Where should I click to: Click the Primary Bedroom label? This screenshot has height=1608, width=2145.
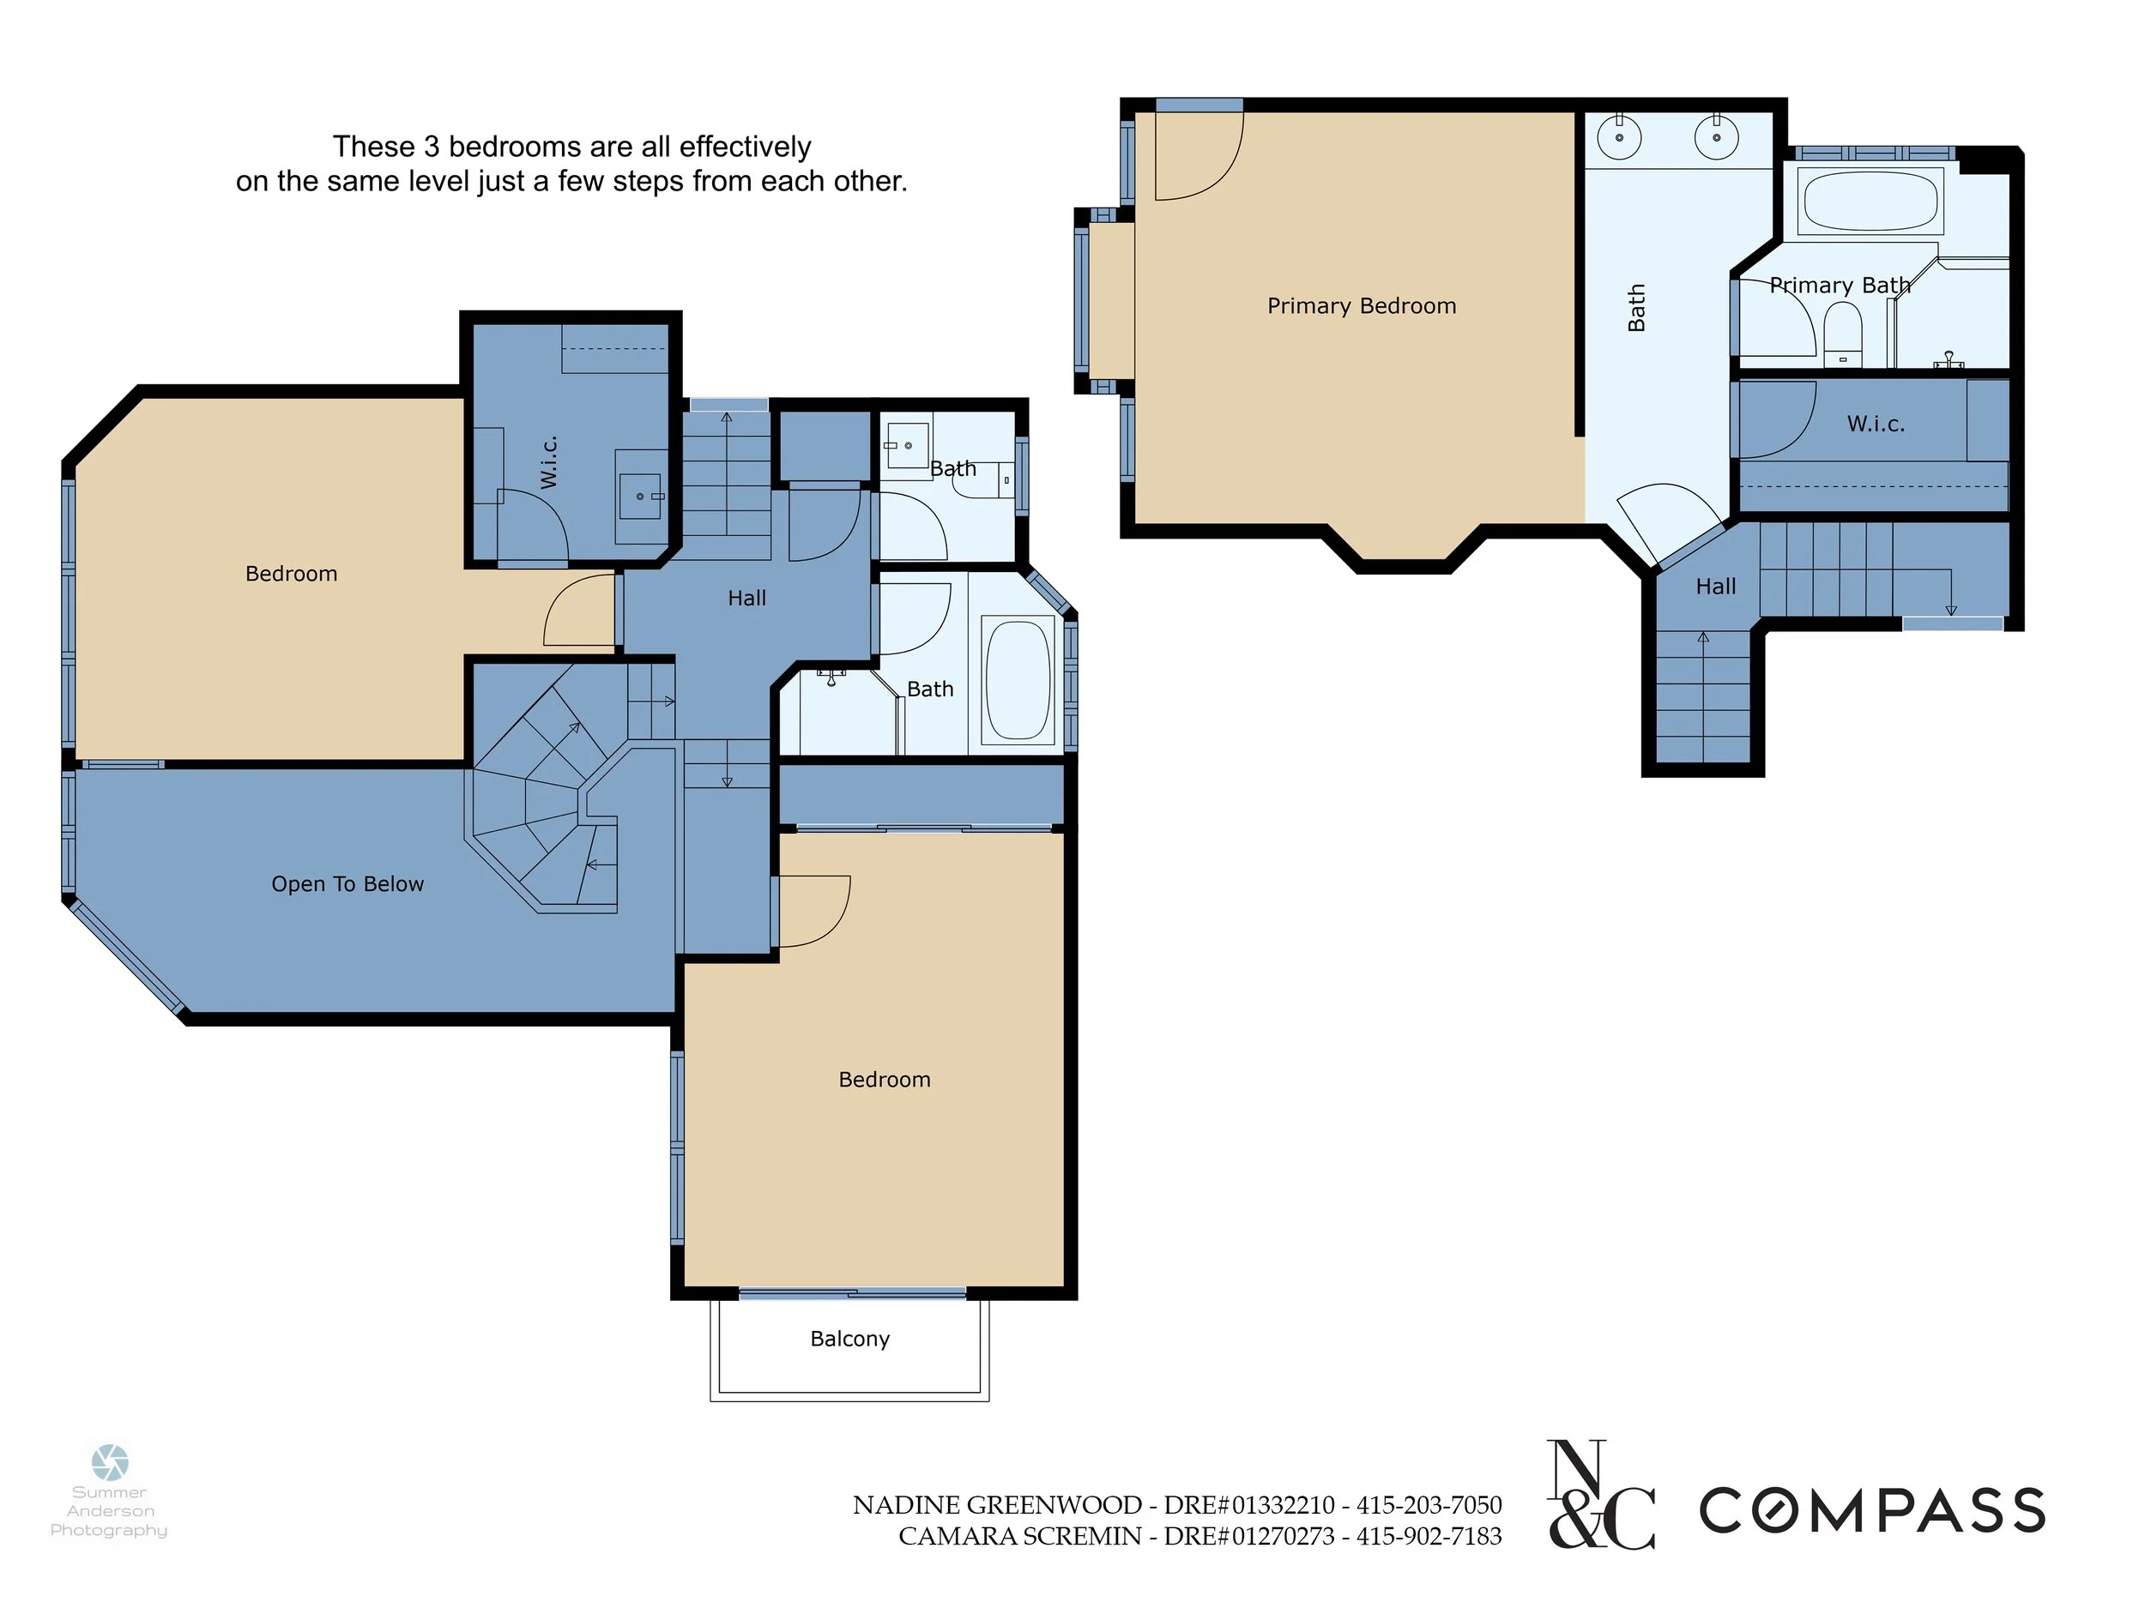pos(1362,306)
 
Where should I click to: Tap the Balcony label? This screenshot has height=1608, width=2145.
pos(849,1339)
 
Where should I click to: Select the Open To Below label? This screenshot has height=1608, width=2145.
pos(347,884)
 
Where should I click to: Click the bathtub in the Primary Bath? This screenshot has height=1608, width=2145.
pos(1870,201)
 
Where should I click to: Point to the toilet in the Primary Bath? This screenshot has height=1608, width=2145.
pos(1842,334)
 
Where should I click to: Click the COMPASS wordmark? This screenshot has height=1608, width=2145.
pos(1872,1511)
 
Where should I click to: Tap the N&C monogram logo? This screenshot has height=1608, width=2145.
pos(1601,1495)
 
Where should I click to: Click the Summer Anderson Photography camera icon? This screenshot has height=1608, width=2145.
pos(110,1462)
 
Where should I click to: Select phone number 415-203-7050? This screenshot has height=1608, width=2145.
pos(1429,1505)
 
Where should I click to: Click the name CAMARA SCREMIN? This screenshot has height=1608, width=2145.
pos(1019,1536)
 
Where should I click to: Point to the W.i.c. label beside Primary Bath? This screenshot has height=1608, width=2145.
pos(1876,424)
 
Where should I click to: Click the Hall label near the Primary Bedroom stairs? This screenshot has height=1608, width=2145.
pos(1715,587)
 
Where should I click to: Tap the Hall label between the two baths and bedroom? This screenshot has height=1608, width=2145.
pos(746,598)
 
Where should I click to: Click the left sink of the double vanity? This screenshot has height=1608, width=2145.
pos(1618,136)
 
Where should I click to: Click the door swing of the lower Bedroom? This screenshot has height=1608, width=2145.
pos(814,911)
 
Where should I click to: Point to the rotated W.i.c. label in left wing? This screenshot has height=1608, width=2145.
pos(549,461)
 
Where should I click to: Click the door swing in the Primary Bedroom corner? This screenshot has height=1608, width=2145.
pos(1199,156)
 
